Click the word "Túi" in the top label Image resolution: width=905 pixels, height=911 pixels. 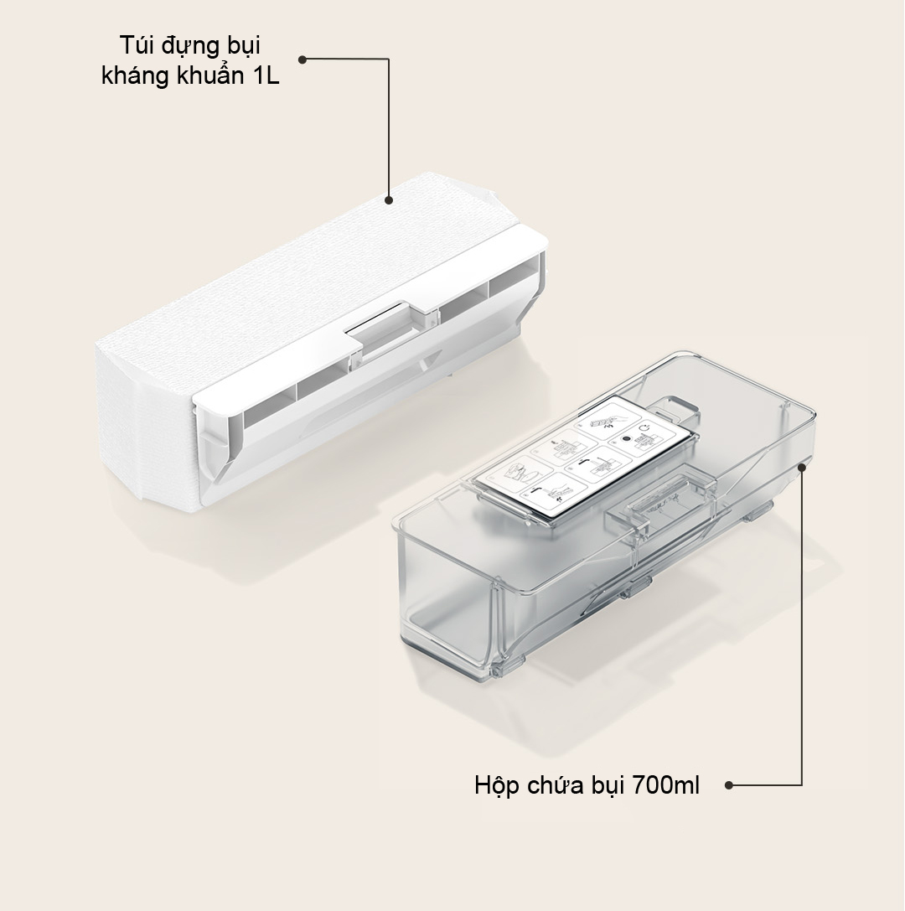click(x=135, y=45)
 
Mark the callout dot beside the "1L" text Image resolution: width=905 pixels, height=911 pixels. click(x=302, y=60)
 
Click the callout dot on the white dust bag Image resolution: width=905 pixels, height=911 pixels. click(x=389, y=200)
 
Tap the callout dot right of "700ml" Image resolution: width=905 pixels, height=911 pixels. click(x=729, y=785)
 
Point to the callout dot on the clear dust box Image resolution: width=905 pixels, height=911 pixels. click(x=802, y=467)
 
